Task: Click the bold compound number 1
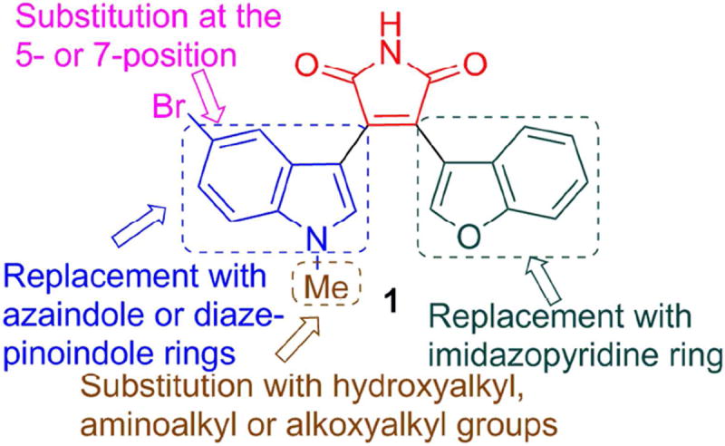(x=391, y=305)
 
